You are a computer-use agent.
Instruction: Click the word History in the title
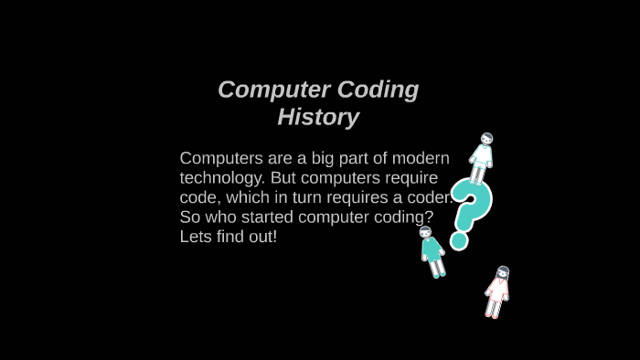point(318,118)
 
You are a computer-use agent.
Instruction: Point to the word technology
point(222,178)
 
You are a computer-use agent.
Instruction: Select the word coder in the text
point(426,197)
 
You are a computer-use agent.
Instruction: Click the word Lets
point(196,237)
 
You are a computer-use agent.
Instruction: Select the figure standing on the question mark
point(482,158)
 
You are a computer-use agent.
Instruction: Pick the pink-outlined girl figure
point(497,291)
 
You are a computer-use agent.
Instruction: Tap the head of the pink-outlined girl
point(502,272)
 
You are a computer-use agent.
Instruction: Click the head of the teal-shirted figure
point(425,232)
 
